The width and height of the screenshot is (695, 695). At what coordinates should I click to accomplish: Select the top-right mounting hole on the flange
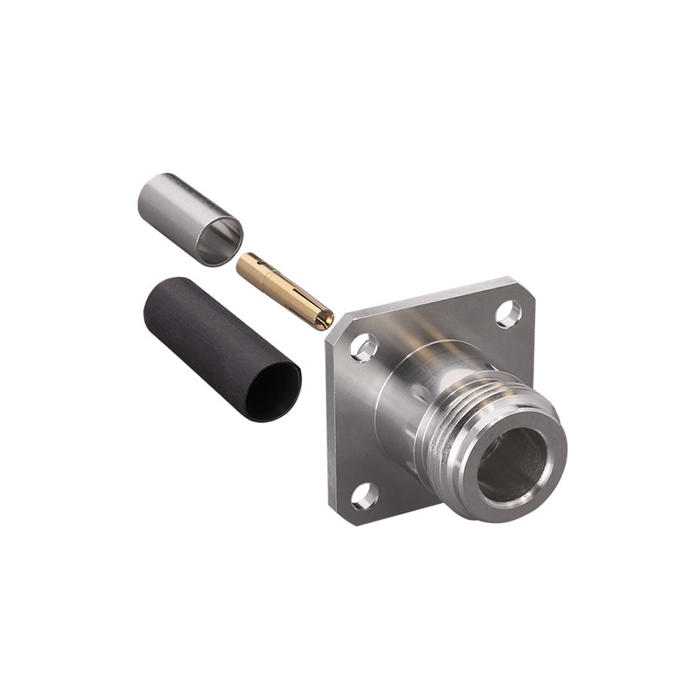(x=509, y=314)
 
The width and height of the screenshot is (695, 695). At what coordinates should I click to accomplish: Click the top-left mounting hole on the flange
(x=364, y=347)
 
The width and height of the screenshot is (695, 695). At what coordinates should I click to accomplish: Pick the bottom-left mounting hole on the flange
(x=364, y=496)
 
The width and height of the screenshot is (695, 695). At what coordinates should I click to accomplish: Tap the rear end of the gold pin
(x=241, y=263)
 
